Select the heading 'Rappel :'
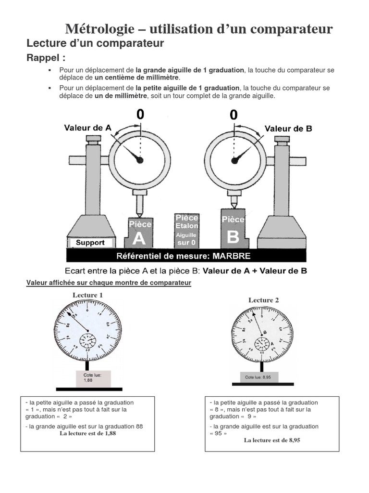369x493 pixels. click(x=46, y=58)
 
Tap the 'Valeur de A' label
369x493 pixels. click(x=88, y=128)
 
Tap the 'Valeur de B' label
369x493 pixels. click(x=288, y=129)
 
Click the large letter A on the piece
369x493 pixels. click(x=139, y=238)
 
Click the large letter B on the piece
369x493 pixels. click(x=233, y=236)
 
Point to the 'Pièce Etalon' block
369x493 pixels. click(x=186, y=230)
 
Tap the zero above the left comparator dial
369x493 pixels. click(x=140, y=115)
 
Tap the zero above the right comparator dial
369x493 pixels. click(x=234, y=115)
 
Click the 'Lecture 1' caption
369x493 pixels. click(x=87, y=295)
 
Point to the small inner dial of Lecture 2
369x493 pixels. click(x=262, y=344)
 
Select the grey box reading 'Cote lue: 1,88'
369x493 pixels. click(x=93, y=377)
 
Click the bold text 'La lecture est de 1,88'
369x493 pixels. click(x=87, y=433)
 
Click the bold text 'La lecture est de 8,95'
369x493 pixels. click(x=272, y=440)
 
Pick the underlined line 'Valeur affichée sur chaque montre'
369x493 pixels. click(x=109, y=283)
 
